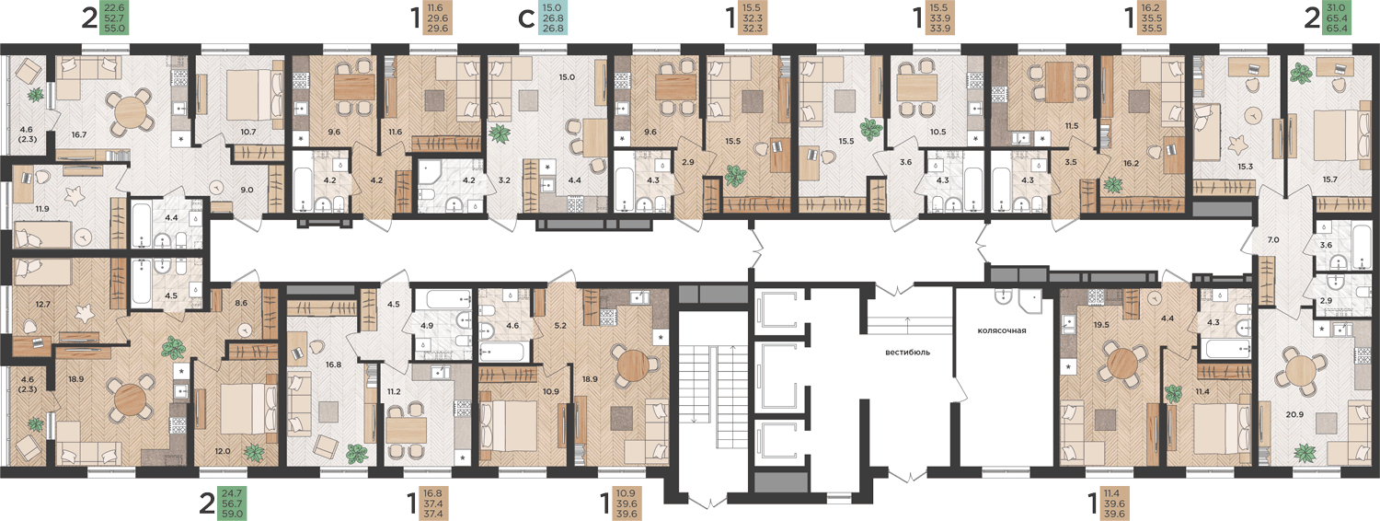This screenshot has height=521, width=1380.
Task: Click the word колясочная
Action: click(x=1002, y=330)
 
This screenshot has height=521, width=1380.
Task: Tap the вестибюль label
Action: click(x=907, y=353)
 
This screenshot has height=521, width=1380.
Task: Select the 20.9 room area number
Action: click(x=1294, y=414)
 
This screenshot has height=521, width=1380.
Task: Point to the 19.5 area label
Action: click(x=1101, y=324)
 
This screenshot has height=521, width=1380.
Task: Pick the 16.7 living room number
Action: click(x=79, y=134)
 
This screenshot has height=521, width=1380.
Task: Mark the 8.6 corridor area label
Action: click(x=241, y=303)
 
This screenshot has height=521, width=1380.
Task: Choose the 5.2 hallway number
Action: click(x=560, y=326)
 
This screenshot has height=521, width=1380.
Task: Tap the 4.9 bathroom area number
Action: click(x=427, y=326)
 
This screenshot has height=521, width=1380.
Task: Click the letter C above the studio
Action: click(x=525, y=19)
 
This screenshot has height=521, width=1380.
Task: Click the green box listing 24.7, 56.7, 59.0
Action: click(x=232, y=504)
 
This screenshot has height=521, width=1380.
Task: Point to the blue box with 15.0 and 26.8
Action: click(x=552, y=17)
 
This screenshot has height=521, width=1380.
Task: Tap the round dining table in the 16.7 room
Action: click(x=128, y=112)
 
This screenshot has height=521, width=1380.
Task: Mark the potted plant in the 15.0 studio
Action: click(x=500, y=133)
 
